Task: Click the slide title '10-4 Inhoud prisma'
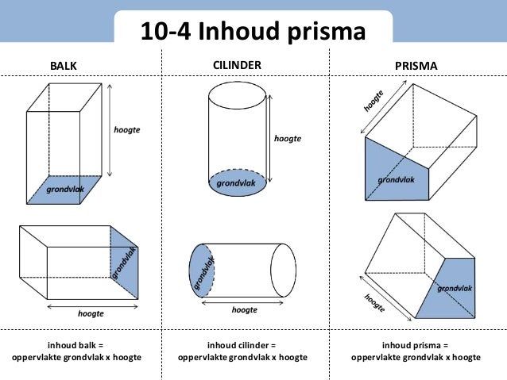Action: pos(253,32)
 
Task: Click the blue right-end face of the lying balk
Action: pos(124,263)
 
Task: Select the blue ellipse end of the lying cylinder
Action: pos(202,270)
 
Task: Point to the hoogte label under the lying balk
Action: pos(90,314)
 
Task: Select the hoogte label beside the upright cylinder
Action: pos(288,138)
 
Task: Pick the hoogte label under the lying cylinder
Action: pos(244,310)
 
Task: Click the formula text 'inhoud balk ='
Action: pos(76,345)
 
